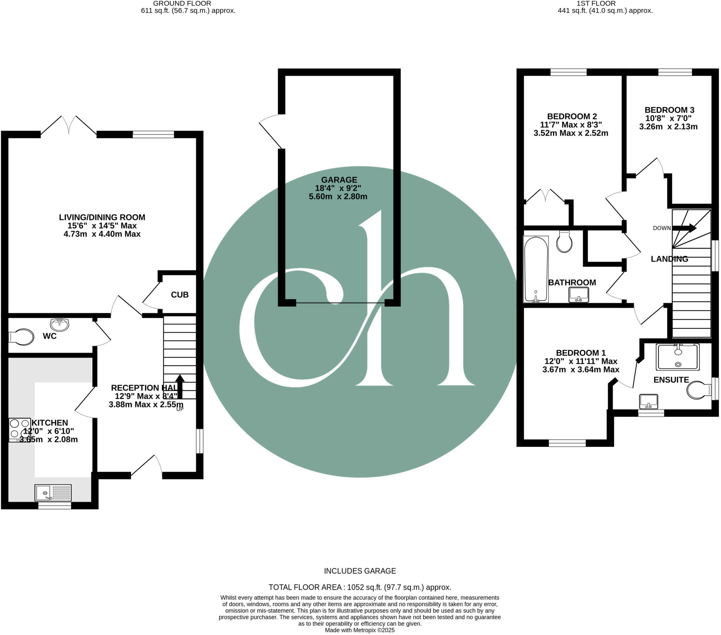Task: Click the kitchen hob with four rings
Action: [x=20, y=430]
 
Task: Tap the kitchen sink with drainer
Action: [x=53, y=493]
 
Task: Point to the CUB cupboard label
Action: [x=180, y=295]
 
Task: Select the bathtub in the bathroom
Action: [x=536, y=269]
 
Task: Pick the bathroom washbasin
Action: [x=579, y=294]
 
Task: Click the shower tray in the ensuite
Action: [x=678, y=357]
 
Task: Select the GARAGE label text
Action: [x=339, y=180]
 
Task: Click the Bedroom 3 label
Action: [x=669, y=110]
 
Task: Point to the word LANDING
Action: [x=669, y=259]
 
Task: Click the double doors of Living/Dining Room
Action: [x=69, y=126]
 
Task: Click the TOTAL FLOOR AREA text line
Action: [x=360, y=588]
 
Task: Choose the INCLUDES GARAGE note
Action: [x=360, y=571]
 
